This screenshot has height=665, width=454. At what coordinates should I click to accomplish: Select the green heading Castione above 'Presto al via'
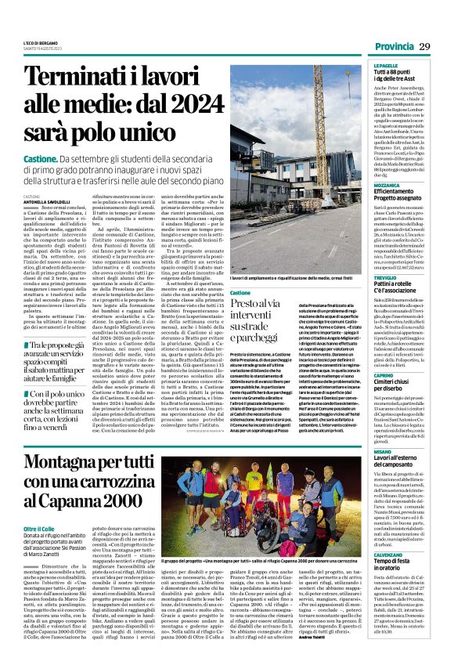(x=242, y=269)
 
